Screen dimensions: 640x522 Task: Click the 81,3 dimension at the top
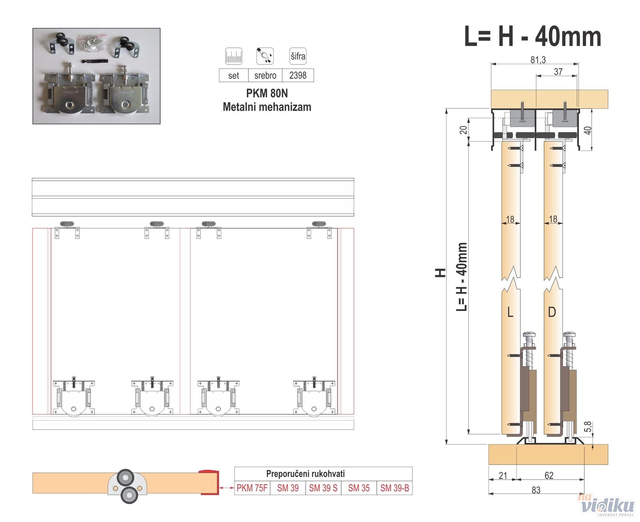538,60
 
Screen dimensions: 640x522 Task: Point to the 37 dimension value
558,72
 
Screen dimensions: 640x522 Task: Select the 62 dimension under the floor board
549,476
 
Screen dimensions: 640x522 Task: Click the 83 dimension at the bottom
536,490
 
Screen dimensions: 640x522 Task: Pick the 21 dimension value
503,476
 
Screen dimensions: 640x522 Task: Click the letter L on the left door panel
510,312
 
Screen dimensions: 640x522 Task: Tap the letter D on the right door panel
552,312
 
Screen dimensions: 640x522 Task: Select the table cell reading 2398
298,75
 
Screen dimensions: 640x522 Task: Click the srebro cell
265,75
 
